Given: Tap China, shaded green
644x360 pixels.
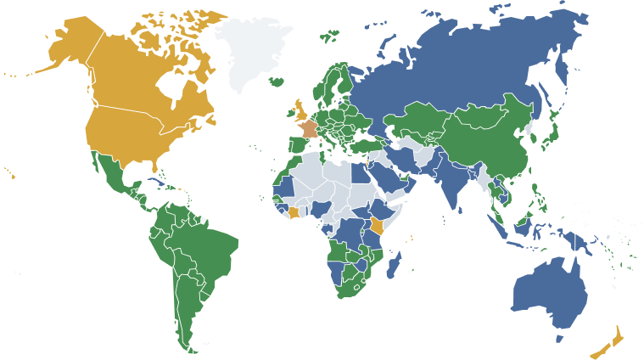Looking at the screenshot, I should [484, 136].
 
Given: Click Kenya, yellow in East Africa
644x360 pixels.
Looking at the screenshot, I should [376, 226].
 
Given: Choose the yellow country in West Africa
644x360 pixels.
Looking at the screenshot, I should [294, 212].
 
